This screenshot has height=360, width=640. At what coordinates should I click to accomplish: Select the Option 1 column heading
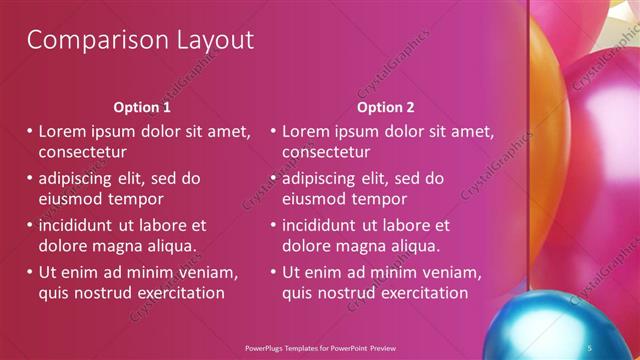pyautogui.click(x=142, y=107)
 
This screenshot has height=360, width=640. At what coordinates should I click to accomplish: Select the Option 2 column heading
pyautogui.click(x=386, y=107)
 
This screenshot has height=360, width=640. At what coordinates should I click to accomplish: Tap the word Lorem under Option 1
pyautogui.click(x=65, y=131)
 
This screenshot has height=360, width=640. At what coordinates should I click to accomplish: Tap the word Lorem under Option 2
pyautogui.click(x=309, y=131)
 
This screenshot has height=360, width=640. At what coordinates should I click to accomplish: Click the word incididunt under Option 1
pyautogui.click(x=79, y=225)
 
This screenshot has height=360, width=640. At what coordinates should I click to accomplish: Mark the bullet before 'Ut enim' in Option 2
pyautogui.click(x=273, y=272)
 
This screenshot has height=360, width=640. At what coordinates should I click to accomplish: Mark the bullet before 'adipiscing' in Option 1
pyautogui.click(x=29, y=179)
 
